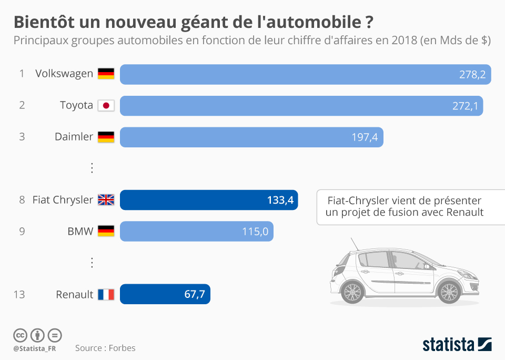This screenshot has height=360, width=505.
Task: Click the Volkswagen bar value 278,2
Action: tap(472, 74)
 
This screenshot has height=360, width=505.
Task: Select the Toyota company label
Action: tap(76, 105)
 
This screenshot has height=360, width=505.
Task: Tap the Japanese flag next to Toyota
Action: tap(106, 105)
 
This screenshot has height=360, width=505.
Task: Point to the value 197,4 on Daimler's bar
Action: tap(365, 137)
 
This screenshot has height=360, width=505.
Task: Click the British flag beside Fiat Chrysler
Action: tap(106, 200)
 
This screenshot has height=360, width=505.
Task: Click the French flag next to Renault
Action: tap(106, 295)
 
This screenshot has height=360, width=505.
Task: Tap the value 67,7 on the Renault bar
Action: tap(194, 295)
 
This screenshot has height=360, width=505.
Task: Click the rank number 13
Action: tap(19, 295)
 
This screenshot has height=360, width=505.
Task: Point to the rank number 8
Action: tap(22, 200)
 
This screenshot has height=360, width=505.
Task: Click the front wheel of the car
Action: tap(449, 291)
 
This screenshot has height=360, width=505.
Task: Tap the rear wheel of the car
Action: tap(352, 291)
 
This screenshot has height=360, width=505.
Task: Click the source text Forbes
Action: tap(122, 348)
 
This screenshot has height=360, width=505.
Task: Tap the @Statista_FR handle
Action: tap(35, 348)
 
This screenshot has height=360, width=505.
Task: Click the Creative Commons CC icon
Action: tap(20, 335)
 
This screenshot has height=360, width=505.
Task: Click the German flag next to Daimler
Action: tap(106, 137)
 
